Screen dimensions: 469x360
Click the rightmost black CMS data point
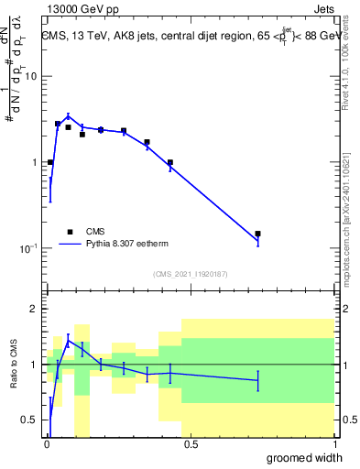click(x=258, y=234)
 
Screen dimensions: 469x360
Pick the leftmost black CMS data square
click(x=49, y=162)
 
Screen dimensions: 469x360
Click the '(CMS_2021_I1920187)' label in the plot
click(x=190, y=274)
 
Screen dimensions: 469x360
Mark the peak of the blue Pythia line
click(x=68, y=116)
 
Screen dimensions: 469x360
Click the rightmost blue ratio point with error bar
click(x=258, y=379)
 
